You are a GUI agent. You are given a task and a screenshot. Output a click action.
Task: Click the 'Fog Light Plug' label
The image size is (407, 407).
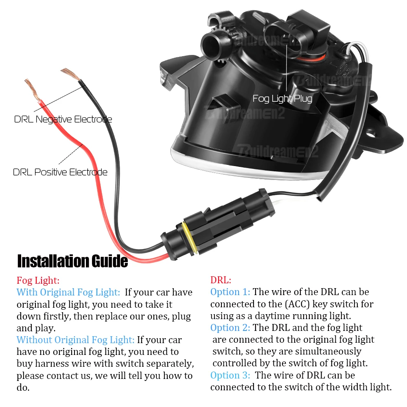(x=282, y=98)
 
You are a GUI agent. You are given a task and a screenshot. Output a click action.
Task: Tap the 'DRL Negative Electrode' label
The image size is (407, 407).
(x=63, y=119)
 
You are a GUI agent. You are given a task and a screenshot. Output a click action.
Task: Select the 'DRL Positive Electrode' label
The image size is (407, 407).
(x=60, y=172)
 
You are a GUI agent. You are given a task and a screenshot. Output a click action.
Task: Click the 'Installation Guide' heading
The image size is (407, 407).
(x=72, y=261)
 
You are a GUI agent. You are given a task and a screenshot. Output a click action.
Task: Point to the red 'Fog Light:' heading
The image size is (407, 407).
(x=38, y=280)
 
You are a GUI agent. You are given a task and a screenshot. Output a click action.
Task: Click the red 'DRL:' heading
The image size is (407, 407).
(x=221, y=280)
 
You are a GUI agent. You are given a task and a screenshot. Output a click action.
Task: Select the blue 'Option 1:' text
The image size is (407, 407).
(x=230, y=292)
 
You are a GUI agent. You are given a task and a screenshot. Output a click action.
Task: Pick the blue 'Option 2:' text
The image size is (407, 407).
(x=230, y=328)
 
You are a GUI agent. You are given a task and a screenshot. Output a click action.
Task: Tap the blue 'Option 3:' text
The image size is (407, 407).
(x=230, y=375)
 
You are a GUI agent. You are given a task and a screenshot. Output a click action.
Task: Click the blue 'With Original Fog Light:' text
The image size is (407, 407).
(x=68, y=292)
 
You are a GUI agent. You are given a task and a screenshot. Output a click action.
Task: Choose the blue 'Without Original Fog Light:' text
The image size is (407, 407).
(x=75, y=340)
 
